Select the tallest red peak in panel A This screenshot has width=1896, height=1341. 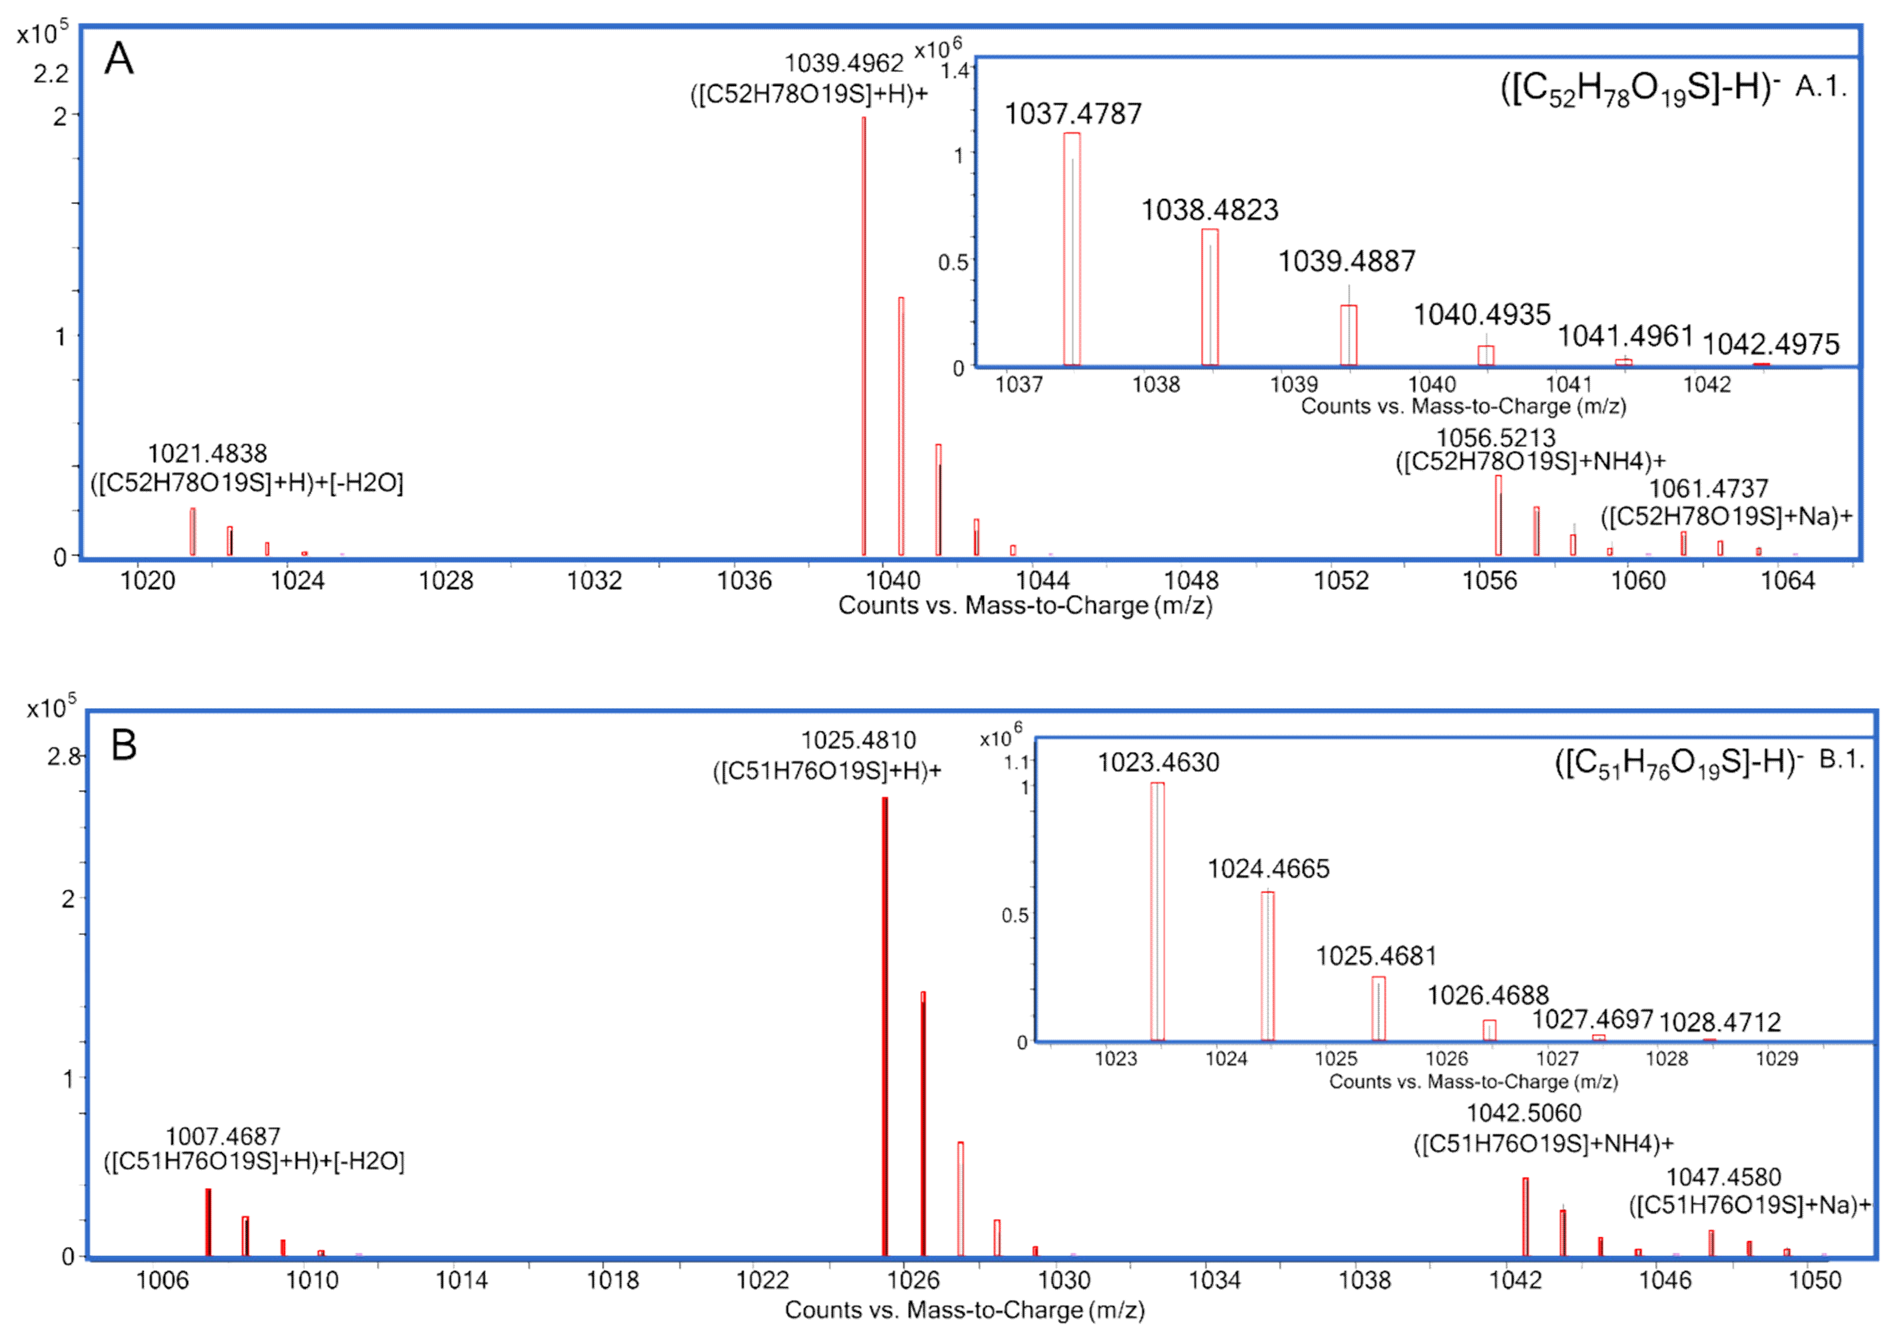click(864, 330)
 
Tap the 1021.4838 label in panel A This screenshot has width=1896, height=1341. click(207, 453)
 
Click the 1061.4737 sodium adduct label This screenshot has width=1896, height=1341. click(1707, 489)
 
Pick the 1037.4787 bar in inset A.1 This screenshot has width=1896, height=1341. click(1071, 248)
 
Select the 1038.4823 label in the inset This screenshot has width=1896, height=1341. click(1209, 210)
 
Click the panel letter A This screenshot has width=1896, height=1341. click(119, 60)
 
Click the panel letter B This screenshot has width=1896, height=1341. click(124, 745)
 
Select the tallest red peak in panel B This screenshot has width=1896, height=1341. click(884, 1024)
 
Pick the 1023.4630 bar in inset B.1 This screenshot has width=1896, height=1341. click(1157, 908)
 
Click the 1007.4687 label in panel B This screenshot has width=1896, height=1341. click(223, 1136)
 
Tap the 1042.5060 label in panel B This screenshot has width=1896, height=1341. click(1523, 1113)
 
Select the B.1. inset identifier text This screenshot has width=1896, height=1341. click(1841, 759)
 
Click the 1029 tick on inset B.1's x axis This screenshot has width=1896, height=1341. click(1776, 1058)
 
